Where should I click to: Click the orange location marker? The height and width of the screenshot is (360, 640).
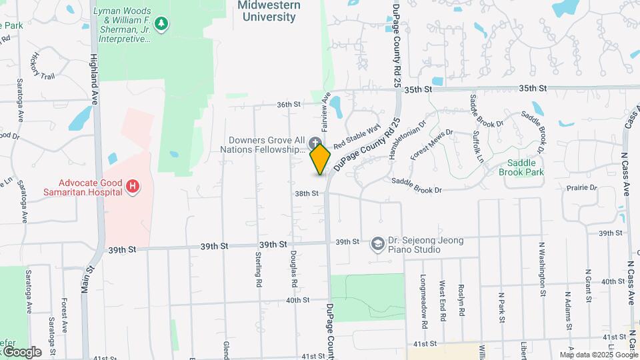[321, 159]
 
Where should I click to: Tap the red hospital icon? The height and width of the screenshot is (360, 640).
[133, 185]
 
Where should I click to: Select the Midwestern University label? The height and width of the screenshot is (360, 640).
[269, 11]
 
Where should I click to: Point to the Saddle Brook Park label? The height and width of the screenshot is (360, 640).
[521, 167]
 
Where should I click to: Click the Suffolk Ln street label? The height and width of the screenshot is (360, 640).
[479, 147]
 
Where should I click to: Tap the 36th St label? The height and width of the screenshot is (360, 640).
[289, 105]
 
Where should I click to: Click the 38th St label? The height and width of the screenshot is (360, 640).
[307, 193]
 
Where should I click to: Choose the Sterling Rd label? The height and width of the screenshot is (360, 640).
[257, 269]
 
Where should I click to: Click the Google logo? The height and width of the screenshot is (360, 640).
[21, 351]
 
